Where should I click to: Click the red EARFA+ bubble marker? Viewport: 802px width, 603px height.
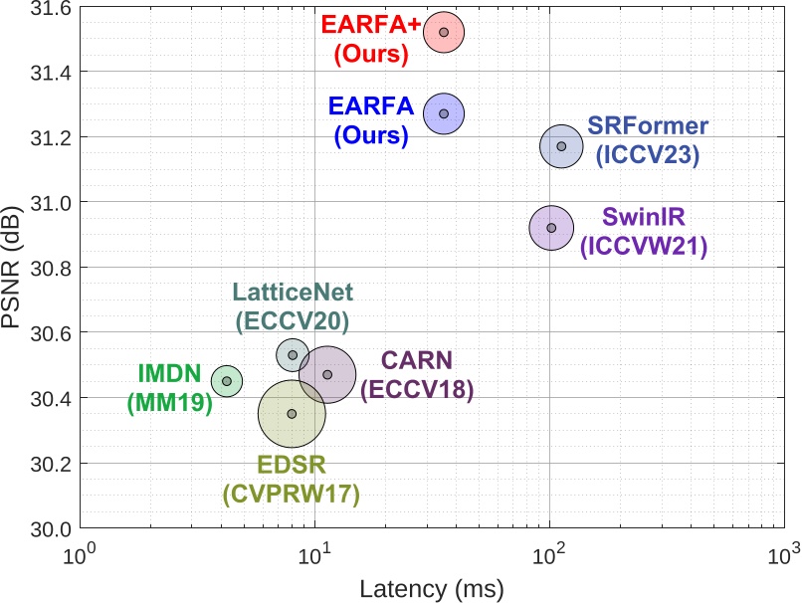(x=444, y=32)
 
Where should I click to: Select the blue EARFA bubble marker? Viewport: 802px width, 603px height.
(x=444, y=113)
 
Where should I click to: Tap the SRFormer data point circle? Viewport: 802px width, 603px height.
(x=561, y=146)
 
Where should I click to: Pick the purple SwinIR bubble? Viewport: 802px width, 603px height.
(x=551, y=228)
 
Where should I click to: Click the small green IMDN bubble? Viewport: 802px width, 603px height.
(x=227, y=381)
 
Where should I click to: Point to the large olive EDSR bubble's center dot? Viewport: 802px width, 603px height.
(x=292, y=414)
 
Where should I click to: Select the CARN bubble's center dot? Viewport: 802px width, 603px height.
(x=327, y=374)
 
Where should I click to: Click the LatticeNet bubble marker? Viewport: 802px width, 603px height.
(x=293, y=355)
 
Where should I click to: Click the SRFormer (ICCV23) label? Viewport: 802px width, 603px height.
(x=648, y=140)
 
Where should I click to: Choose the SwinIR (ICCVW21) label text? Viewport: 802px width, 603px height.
(x=644, y=233)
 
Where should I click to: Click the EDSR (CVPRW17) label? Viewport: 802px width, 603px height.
(x=292, y=479)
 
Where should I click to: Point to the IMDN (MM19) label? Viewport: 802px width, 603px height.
(x=170, y=389)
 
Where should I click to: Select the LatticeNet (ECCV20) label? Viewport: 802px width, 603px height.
(x=292, y=306)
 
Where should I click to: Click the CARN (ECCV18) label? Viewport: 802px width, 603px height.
(x=417, y=375)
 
